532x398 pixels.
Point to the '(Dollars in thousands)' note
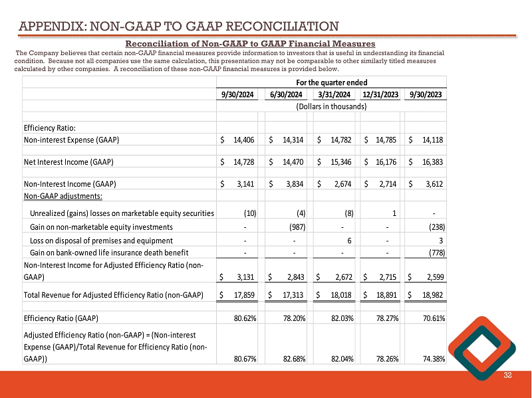point(331,106)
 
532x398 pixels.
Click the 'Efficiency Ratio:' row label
point(49,128)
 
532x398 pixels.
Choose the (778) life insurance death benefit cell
point(436,252)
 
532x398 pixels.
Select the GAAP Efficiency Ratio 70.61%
point(432,318)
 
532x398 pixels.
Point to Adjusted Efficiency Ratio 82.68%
point(292,359)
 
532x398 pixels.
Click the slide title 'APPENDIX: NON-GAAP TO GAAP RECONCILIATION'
point(178,27)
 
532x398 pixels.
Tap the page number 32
point(507,377)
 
